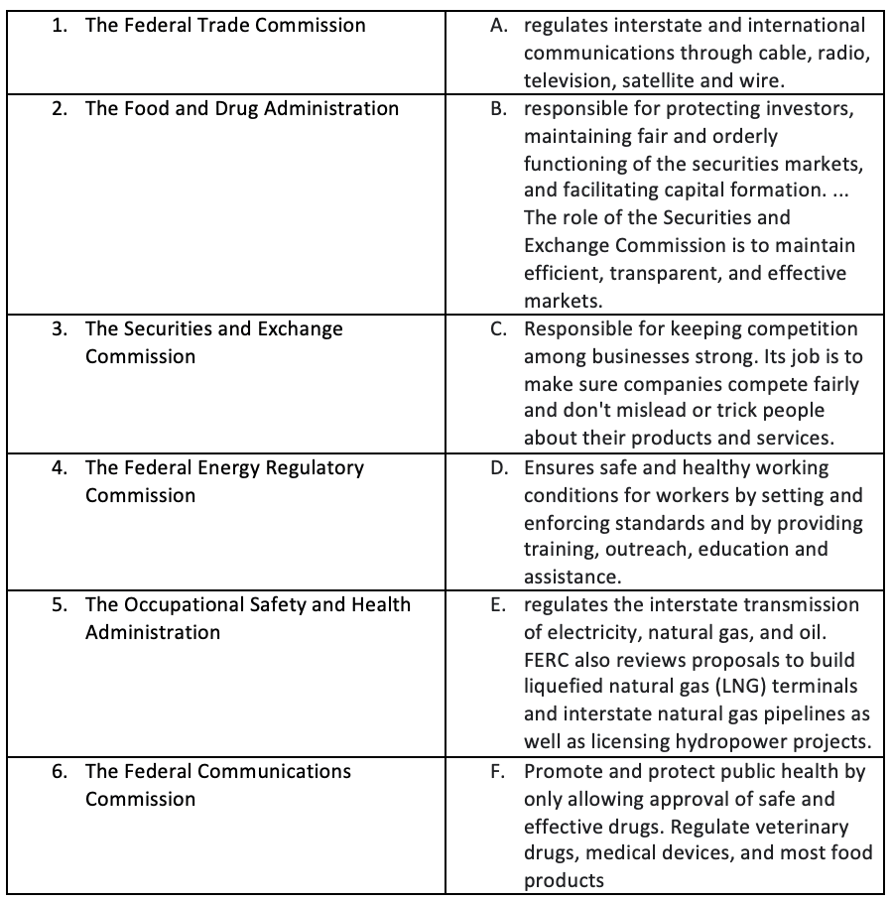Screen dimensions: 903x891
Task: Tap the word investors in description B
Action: pyautogui.click(x=807, y=108)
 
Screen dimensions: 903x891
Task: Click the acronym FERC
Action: pyautogui.click(x=548, y=660)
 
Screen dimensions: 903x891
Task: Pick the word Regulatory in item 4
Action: pyautogui.click(x=315, y=467)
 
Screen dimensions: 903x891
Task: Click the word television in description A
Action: pyautogui.click(x=566, y=80)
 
